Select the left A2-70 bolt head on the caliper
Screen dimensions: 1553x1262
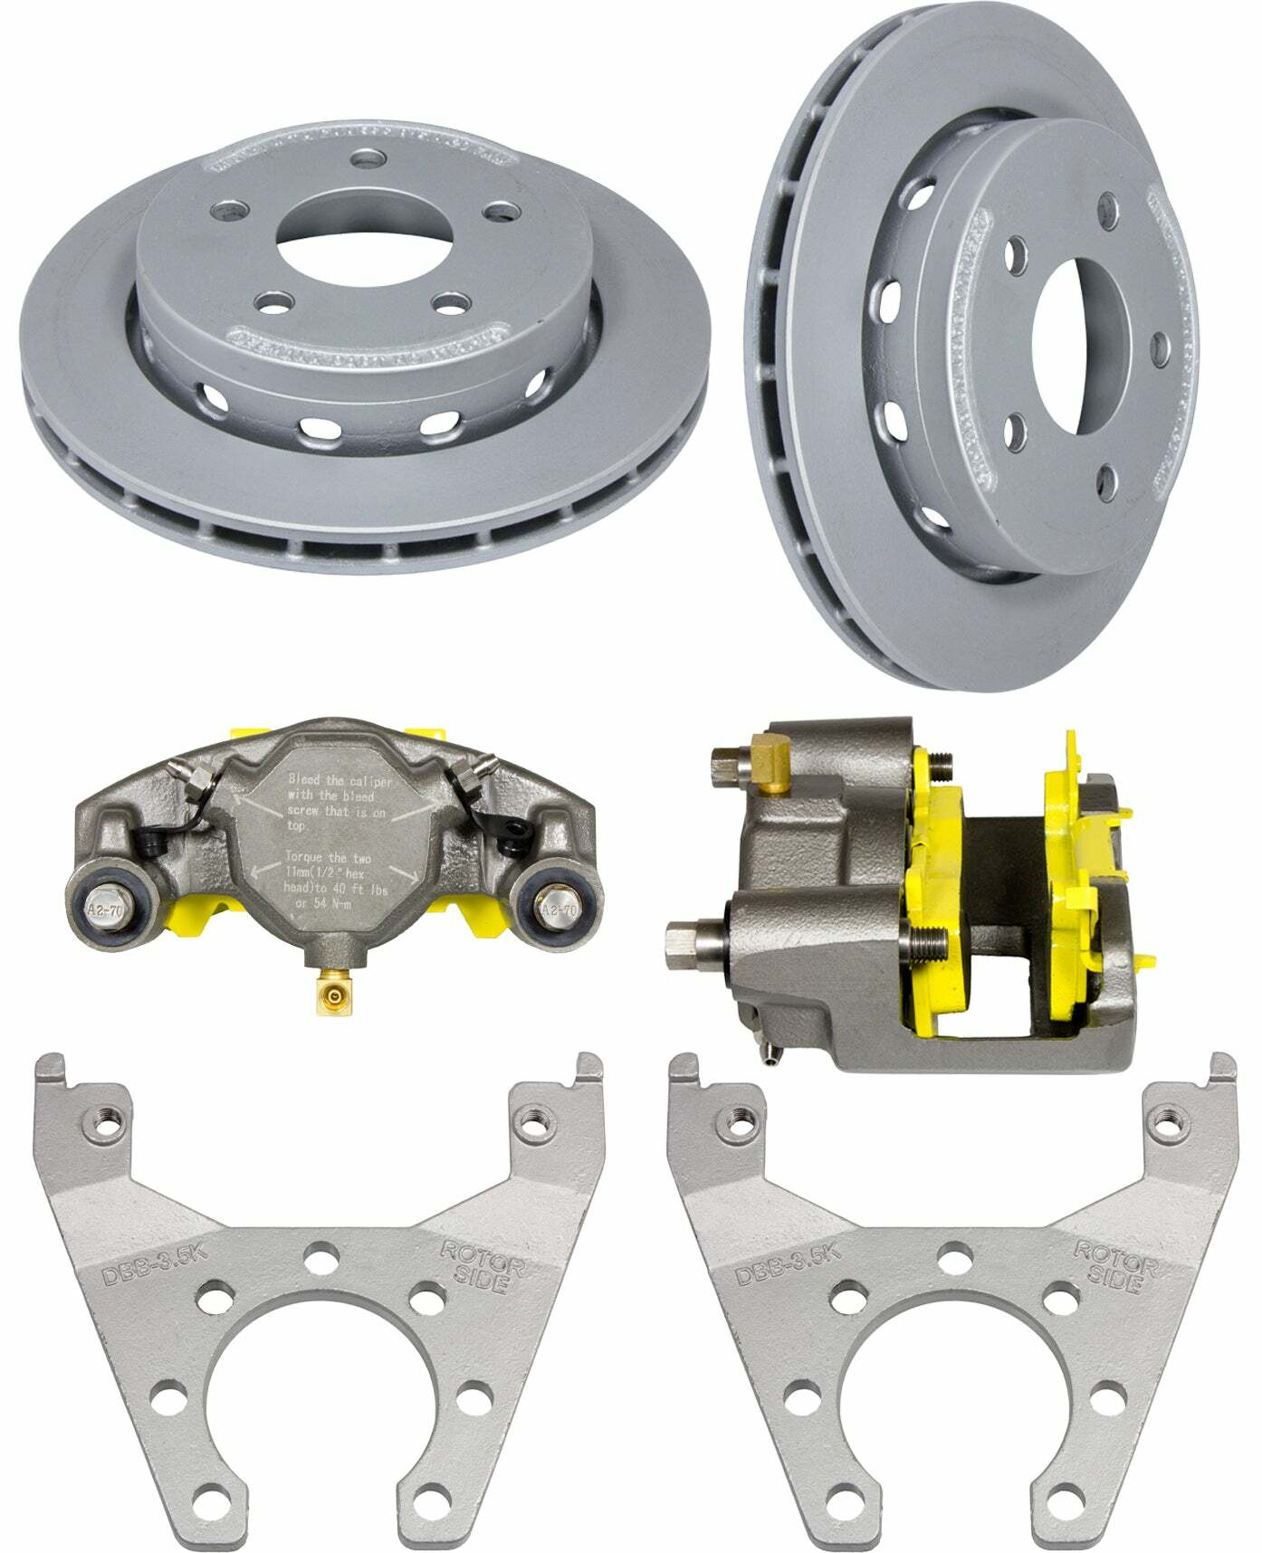coord(101,908)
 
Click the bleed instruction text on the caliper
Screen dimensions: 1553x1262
coord(337,802)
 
